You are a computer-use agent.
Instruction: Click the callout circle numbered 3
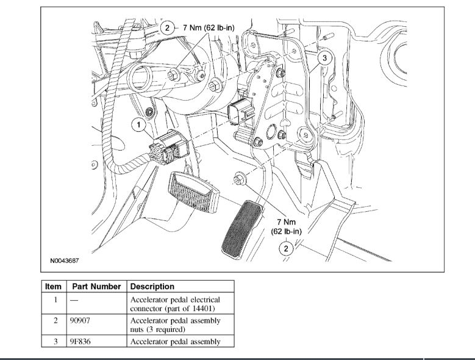coord(325,58)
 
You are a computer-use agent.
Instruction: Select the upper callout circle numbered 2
coord(166,27)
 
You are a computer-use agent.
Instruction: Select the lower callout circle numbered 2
coord(285,248)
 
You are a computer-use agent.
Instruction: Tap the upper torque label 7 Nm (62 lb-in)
coord(209,27)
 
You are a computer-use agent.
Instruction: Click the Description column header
coord(152,286)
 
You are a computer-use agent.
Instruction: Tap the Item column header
coord(54,286)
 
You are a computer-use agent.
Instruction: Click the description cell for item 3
coord(175,341)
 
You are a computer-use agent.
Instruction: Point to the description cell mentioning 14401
coord(175,303)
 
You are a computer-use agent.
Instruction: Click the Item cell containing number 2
coord(54,320)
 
